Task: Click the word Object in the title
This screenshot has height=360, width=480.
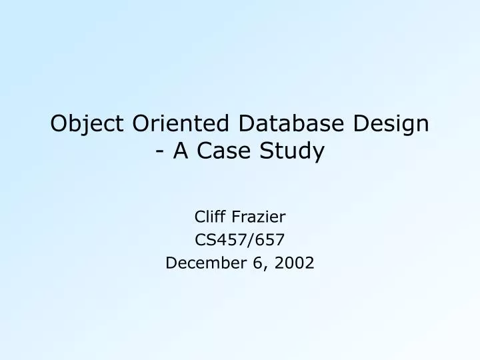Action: point(86,124)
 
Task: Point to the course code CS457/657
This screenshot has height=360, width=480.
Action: point(239,239)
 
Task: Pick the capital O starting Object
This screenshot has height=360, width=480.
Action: point(60,124)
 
